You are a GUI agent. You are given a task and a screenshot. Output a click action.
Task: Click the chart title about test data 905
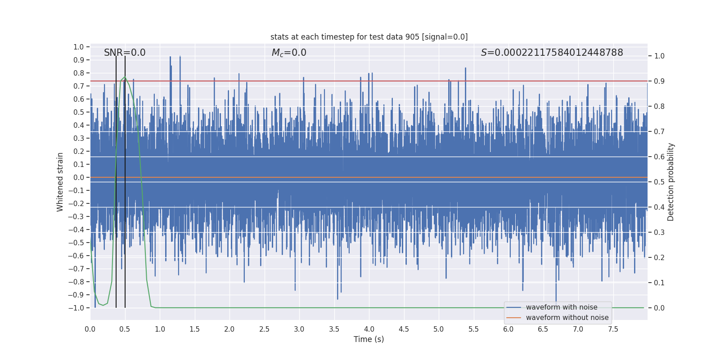pyautogui.click(x=369, y=37)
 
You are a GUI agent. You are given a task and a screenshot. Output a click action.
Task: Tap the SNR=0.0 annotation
pyautogui.click(x=125, y=53)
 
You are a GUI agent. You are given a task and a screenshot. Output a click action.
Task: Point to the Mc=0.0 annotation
pyautogui.click(x=289, y=53)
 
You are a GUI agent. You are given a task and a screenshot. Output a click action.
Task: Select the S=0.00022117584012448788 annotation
pyautogui.click(x=552, y=53)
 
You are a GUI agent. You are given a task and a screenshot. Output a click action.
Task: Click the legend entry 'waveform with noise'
pyautogui.click(x=562, y=307)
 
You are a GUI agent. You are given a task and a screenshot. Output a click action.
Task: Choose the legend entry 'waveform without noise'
pyautogui.click(x=567, y=318)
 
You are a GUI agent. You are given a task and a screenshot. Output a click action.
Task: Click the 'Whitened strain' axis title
pyautogui.click(x=60, y=182)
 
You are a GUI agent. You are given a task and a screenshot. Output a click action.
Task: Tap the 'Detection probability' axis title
pyautogui.click(x=671, y=182)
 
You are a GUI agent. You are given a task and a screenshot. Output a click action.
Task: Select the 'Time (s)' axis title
pyautogui.click(x=369, y=339)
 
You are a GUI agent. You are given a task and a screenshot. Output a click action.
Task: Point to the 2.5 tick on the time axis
pyautogui.click(x=264, y=329)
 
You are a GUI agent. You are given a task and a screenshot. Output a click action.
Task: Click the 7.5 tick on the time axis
pyautogui.click(x=613, y=329)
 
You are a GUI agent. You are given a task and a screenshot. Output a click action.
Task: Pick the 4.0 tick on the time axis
pyautogui.click(x=369, y=329)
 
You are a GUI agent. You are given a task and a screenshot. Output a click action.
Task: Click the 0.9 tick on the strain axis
pyautogui.click(x=79, y=60)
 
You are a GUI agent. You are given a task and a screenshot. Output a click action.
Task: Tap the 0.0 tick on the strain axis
pyautogui.click(x=79, y=177)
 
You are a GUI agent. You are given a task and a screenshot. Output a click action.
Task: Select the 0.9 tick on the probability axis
pyautogui.click(x=659, y=81)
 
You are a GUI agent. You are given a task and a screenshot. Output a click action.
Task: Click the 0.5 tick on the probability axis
pyautogui.click(x=659, y=182)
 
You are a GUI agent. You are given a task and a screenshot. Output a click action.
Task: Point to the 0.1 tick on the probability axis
pyautogui.click(x=659, y=283)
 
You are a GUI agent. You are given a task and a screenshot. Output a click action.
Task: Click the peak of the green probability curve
pyautogui.click(x=125, y=77)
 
